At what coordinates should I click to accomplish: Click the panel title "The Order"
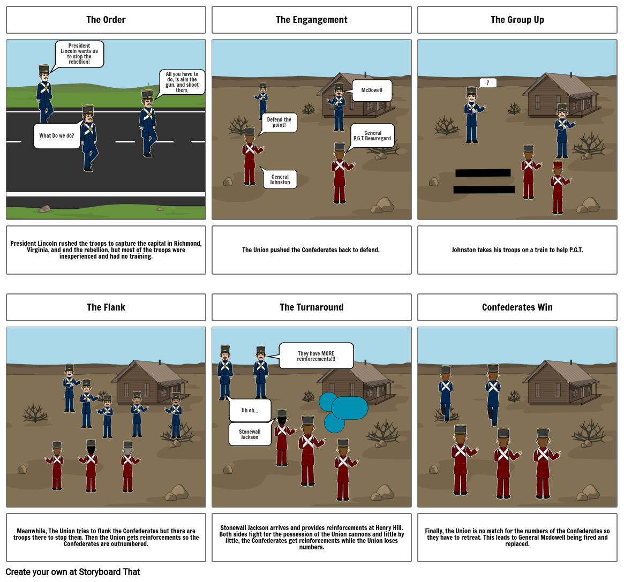click(x=106, y=20)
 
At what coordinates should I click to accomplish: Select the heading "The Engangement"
click(x=311, y=20)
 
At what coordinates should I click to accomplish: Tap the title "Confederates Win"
click(x=517, y=307)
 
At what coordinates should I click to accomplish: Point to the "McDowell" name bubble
click(x=372, y=90)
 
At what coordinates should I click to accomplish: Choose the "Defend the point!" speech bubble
click(x=279, y=123)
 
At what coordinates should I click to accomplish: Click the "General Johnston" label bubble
click(x=280, y=179)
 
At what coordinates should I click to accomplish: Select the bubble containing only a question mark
click(x=487, y=83)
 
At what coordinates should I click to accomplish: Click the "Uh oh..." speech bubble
click(x=250, y=410)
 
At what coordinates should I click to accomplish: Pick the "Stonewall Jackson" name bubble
click(x=250, y=434)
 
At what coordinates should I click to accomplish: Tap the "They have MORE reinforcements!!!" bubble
click(x=316, y=356)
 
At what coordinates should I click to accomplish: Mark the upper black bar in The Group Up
click(x=483, y=172)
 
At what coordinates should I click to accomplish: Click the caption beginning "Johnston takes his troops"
click(x=517, y=250)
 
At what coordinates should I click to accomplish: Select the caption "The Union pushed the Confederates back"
click(x=311, y=250)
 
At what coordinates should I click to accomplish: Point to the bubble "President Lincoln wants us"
click(x=79, y=54)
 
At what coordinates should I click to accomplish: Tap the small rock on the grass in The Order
click(x=45, y=209)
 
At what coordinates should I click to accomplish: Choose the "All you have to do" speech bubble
click(x=182, y=82)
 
